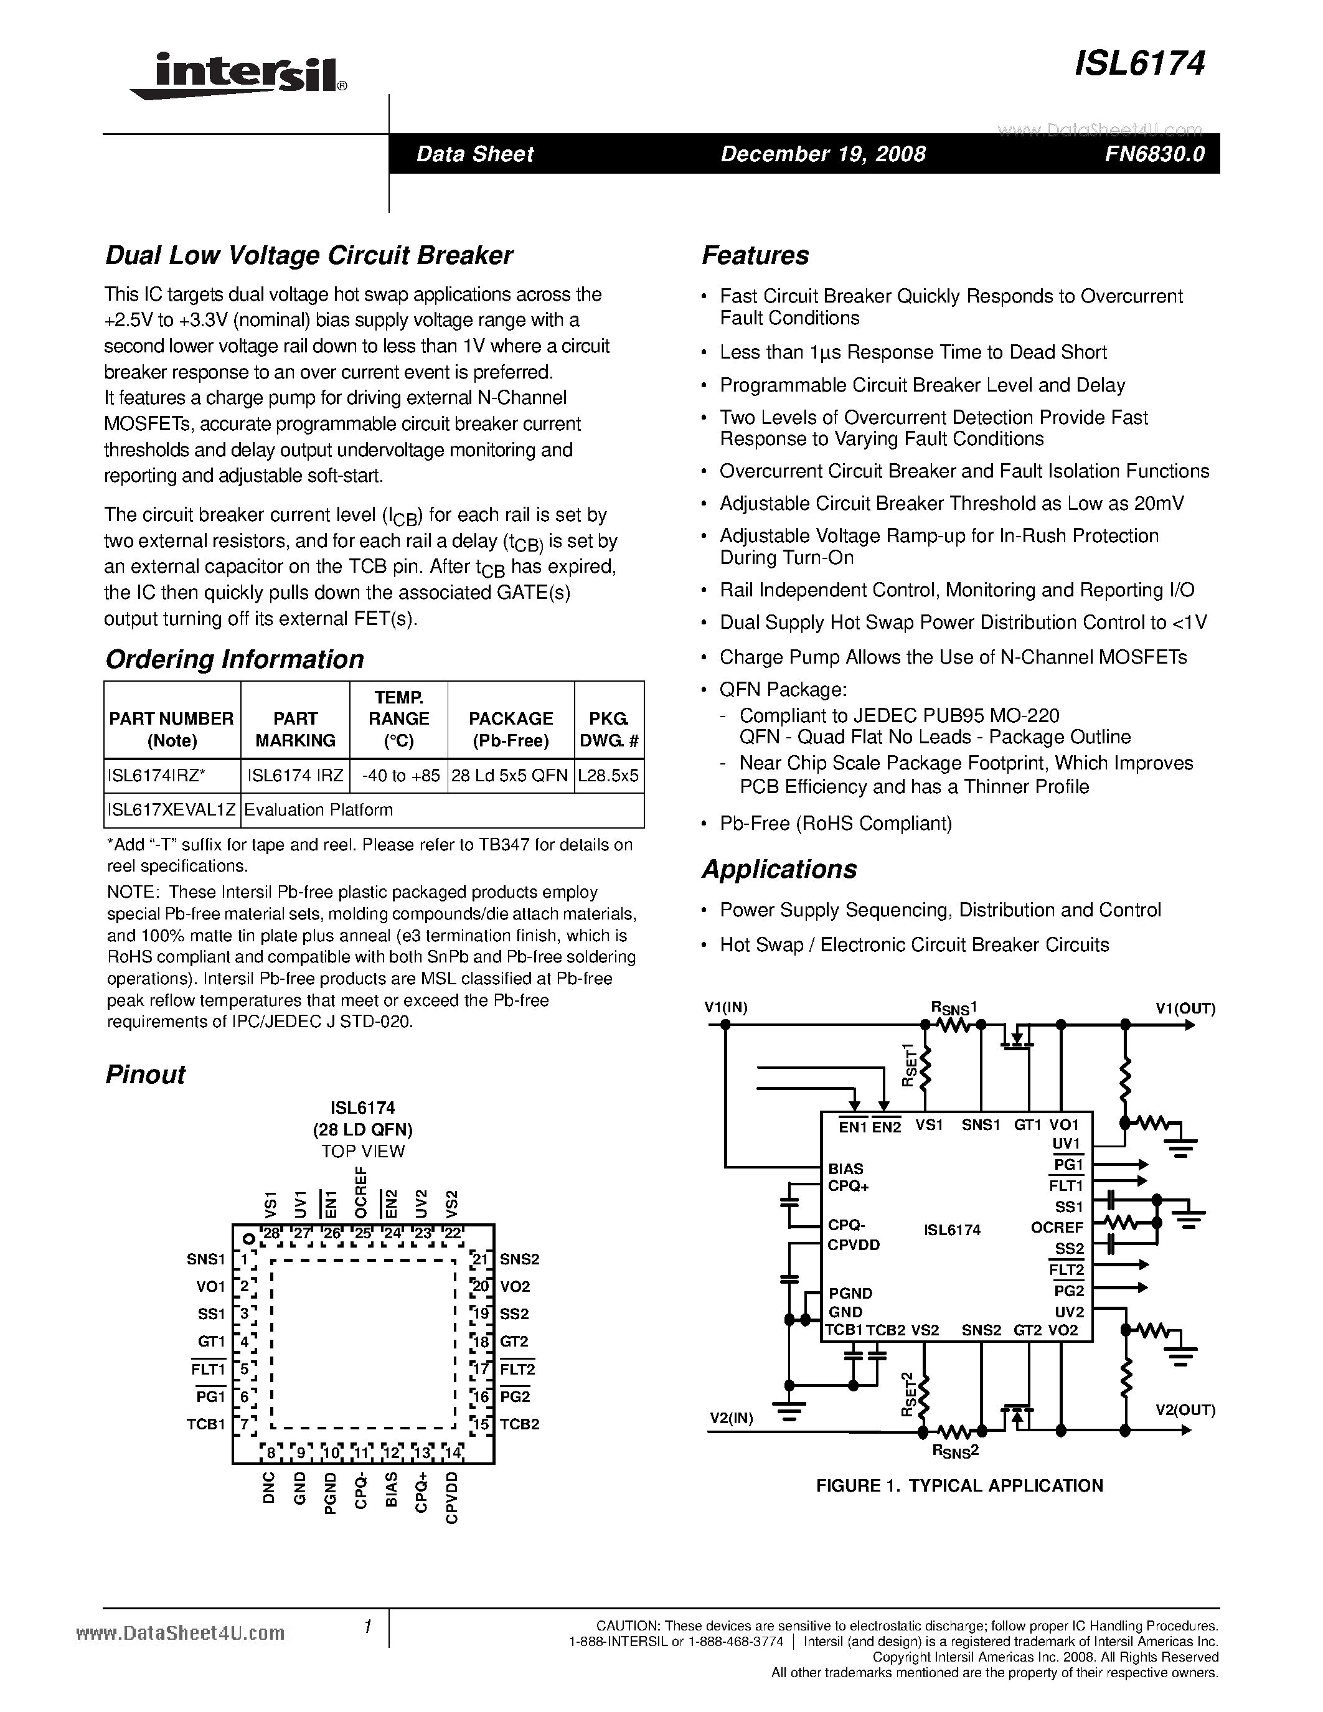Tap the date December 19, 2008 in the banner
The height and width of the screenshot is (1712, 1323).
(x=823, y=154)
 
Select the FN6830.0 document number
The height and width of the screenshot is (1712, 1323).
(x=1154, y=154)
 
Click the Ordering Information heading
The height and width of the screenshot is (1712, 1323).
(x=234, y=659)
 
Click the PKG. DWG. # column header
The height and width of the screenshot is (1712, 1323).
(x=608, y=729)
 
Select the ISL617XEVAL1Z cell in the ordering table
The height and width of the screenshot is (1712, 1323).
(x=172, y=810)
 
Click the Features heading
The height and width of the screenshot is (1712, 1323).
(x=755, y=255)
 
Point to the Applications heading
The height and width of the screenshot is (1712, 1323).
(x=779, y=869)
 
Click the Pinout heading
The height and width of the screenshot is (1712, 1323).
(x=145, y=1075)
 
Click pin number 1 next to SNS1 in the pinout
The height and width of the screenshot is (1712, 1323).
(x=245, y=1259)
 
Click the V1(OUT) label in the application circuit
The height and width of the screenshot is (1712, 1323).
(x=1185, y=1009)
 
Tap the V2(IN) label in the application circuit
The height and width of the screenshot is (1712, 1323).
(x=732, y=1418)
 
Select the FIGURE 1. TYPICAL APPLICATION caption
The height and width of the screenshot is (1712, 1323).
(x=959, y=1485)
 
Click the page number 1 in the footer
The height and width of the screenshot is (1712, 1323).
(x=367, y=1627)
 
